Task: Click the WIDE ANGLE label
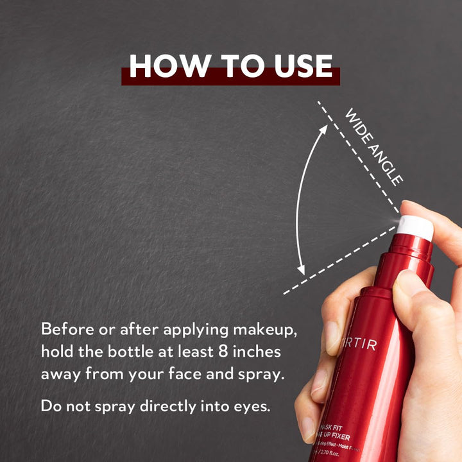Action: point(373,147)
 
